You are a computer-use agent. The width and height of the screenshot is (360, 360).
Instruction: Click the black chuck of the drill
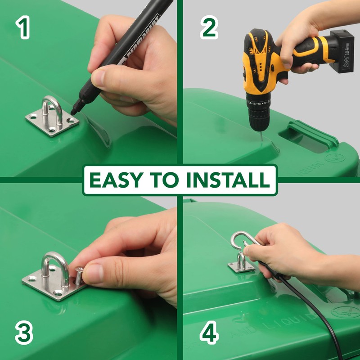pos(260,118)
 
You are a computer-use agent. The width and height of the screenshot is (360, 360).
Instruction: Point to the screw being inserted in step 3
pos(79,275)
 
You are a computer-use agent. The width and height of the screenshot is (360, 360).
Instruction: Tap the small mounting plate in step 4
pos(239,267)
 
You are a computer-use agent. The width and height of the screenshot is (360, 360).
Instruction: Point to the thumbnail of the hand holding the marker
pos(98,78)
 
